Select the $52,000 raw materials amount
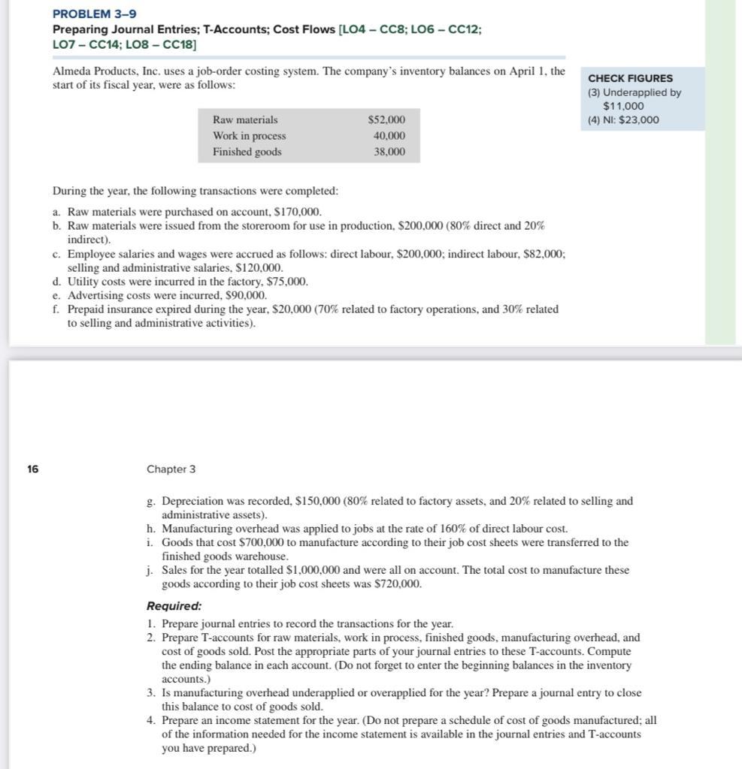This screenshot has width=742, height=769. [x=386, y=120]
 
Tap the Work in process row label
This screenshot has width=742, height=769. [x=249, y=136]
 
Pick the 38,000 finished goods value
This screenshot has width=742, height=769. [x=389, y=152]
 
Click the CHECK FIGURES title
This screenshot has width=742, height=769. [x=630, y=78]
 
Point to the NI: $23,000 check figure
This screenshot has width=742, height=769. [x=623, y=120]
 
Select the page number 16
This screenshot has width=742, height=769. [x=32, y=469]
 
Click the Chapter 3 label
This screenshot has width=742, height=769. [x=171, y=469]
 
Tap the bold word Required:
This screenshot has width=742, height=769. [x=174, y=606]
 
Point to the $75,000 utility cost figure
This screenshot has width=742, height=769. [x=287, y=282]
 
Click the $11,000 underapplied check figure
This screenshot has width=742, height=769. [x=623, y=106]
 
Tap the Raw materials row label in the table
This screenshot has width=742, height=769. [x=245, y=120]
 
